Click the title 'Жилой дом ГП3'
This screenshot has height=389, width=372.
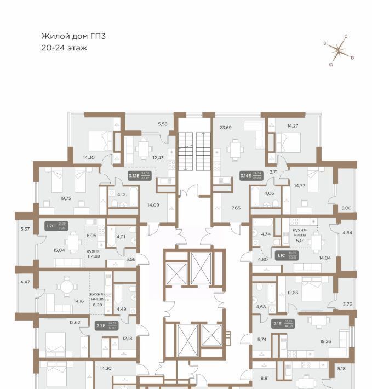73,36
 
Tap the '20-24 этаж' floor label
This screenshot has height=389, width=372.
65,48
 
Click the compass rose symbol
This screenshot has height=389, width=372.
340,50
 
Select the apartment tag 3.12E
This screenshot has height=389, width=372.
134,176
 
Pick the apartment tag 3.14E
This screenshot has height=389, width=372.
245,176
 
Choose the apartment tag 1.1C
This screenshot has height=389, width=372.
281,255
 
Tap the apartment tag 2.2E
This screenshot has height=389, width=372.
101,326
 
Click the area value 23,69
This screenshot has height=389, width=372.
226,128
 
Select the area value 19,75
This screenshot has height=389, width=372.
50,199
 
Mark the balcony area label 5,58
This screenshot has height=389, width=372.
162,124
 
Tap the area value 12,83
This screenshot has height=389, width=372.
293,293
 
